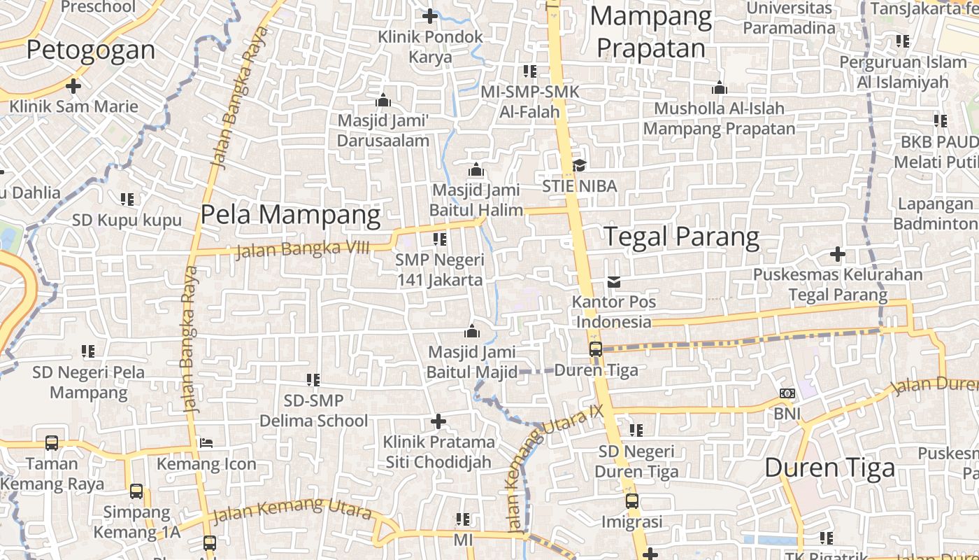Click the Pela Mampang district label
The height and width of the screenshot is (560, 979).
coord(290,215)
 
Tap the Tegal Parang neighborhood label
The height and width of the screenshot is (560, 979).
coord(681,237)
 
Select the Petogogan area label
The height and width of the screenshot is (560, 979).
coord(91,50)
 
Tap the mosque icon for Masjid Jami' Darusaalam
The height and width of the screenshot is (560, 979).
coord(383,100)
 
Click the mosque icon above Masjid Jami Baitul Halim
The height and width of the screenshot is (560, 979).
coord(476,169)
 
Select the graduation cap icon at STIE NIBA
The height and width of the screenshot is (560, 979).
coord(579,165)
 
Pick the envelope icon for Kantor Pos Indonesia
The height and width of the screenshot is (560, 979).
coord(614,281)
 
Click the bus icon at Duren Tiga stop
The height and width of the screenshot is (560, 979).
coord(595,349)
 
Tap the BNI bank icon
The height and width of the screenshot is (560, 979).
coord(787,393)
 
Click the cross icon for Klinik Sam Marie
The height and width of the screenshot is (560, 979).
coord(73,86)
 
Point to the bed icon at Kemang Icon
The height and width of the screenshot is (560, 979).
coord(206,442)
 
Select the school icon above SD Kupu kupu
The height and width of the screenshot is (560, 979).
coord(127,199)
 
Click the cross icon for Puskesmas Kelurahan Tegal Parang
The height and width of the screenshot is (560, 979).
coord(837,253)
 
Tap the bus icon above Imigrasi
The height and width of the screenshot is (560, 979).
coord(631,501)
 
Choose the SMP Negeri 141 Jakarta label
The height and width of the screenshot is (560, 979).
coord(440,269)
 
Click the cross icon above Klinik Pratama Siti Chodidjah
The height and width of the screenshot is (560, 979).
coord(438,421)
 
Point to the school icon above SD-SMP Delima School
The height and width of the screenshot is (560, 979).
coord(313,380)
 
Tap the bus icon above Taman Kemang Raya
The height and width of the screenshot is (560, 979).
coord(52,442)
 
